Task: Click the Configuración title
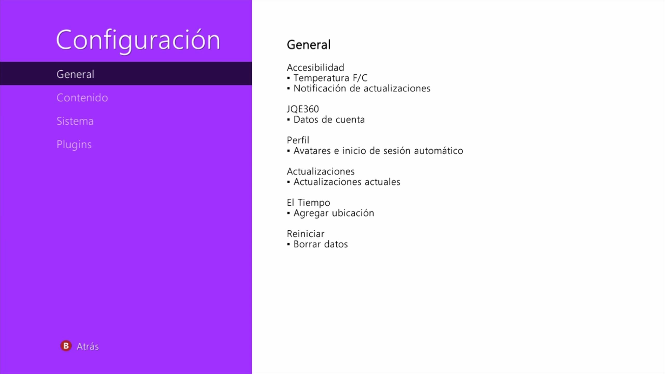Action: (138, 41)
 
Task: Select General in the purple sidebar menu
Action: (75, 74)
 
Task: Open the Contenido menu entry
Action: (82, 98)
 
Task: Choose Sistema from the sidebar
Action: (75, 121)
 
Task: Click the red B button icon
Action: (66, 346)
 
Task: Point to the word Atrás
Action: (88, 346)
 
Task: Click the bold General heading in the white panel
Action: (309, 45)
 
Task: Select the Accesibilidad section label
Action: (315, 68)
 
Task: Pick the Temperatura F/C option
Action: (330, 78)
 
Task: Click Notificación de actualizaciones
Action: (362, 88)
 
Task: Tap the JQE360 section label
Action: (303, 109)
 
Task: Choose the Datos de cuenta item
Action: (329, 119)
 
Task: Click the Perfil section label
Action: (298, 140)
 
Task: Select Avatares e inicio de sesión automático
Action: (378, 151)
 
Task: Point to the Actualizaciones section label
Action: (321, 171)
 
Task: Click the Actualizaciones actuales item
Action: (347, 182)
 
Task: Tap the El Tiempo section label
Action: (308, 203)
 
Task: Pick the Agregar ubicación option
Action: (334, 213)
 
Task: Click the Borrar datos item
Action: (321, 244)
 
